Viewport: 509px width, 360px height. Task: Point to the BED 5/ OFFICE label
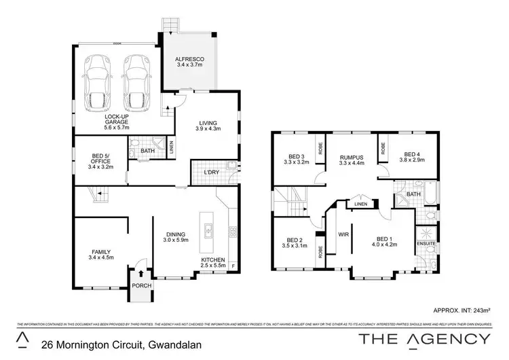[x=101, y=161]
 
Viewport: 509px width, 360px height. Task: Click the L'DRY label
[x=212, y=173]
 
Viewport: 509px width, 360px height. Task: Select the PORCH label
[x=142, y=286]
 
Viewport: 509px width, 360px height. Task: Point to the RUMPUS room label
[x=352, y=160]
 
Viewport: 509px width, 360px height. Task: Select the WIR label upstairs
[x=343, y=234]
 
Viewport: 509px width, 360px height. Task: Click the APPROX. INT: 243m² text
[x=466, y=308]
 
